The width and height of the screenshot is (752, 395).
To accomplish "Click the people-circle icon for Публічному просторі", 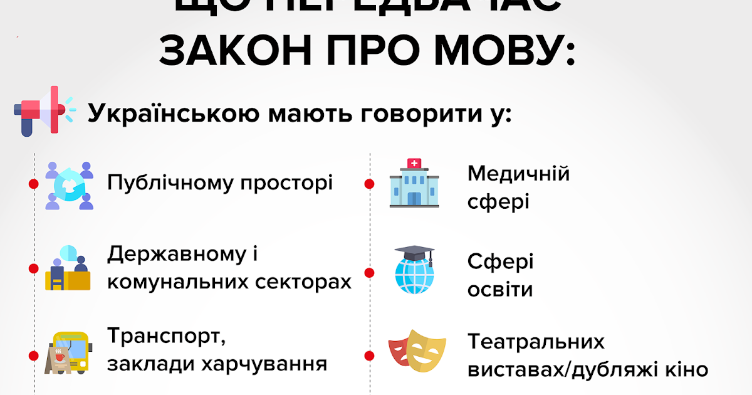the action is click(69, 185).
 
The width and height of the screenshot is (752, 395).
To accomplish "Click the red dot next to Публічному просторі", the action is click(34, 184).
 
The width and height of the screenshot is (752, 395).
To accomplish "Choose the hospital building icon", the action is click(414, 182).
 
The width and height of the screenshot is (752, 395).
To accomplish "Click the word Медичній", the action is click(518, 174).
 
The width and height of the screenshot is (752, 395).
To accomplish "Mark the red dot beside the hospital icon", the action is click(369, 184).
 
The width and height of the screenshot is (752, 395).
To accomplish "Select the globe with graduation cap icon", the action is click(414, 270).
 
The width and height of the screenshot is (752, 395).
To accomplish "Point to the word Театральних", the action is click(536, 342).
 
